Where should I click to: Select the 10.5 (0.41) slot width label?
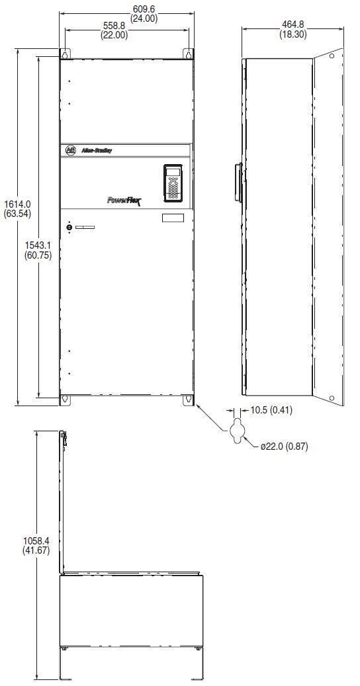coord(271,410)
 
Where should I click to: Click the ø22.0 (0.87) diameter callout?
coord(284,447)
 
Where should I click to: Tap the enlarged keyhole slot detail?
coord(237,431)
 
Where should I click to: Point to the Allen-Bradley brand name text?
coord(97,151)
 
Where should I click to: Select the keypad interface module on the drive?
coord(173,183)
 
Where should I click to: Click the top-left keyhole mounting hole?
coord(65,54)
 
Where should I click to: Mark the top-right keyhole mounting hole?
coord(189,54)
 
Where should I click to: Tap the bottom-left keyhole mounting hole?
coord(65,400)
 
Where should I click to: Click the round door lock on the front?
coord(69,228)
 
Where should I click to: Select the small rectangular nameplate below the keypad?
coord(173,218)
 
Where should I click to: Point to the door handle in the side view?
coord(238,183)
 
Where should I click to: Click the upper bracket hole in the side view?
coord(332,56)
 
